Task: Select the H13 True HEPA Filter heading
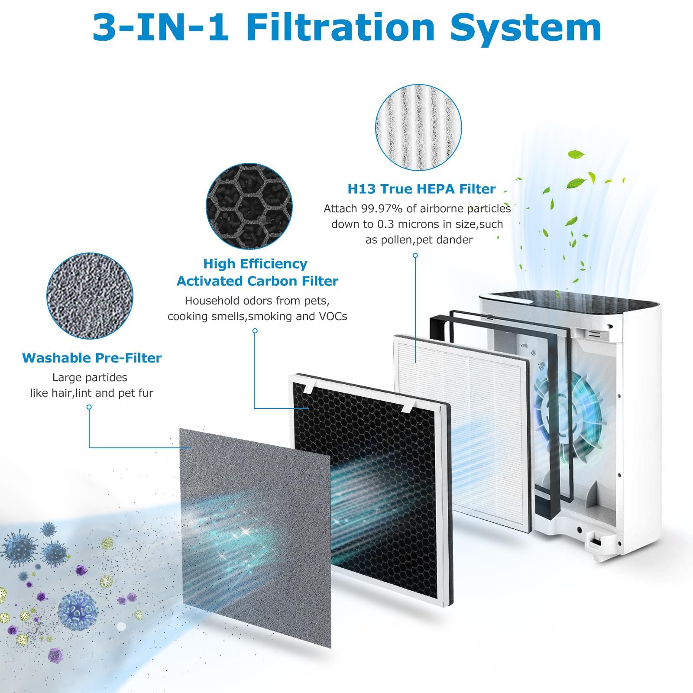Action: pyautogui.click(x=421, y=189)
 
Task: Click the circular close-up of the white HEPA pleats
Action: pyautogui.click(x=418, y=127)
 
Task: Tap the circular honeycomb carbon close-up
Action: pyautogui.click(x=249, y=207)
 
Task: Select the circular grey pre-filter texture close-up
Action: pyautogui.click(x=90, y=296)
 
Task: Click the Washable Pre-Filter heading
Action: pyautogui.click(x=92, y=358)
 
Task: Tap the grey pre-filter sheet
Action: pyautogui.click(x=255, y=537)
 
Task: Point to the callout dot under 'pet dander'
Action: pyautogui.click(x=415, y=256)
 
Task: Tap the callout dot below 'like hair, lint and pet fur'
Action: pyautogui.click(x=89, y=407)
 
